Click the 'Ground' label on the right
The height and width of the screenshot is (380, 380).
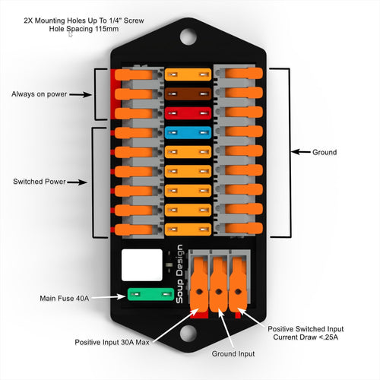(325, 152)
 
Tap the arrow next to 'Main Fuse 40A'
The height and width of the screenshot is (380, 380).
(106, 297)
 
